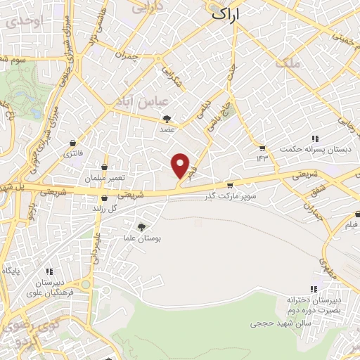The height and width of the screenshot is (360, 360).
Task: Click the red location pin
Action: tap(181, 166)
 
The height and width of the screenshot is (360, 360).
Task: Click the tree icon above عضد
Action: tap(166, 120)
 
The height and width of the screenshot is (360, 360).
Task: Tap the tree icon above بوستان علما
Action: tap(142, 227)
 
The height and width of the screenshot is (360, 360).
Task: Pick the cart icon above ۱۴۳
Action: tap(262, 148)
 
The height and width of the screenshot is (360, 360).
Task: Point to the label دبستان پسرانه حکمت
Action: tap(309, 150)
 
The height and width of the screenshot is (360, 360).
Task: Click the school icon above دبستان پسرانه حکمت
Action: tap(316, 139)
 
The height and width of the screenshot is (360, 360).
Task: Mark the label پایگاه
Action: tap(14, 270)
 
